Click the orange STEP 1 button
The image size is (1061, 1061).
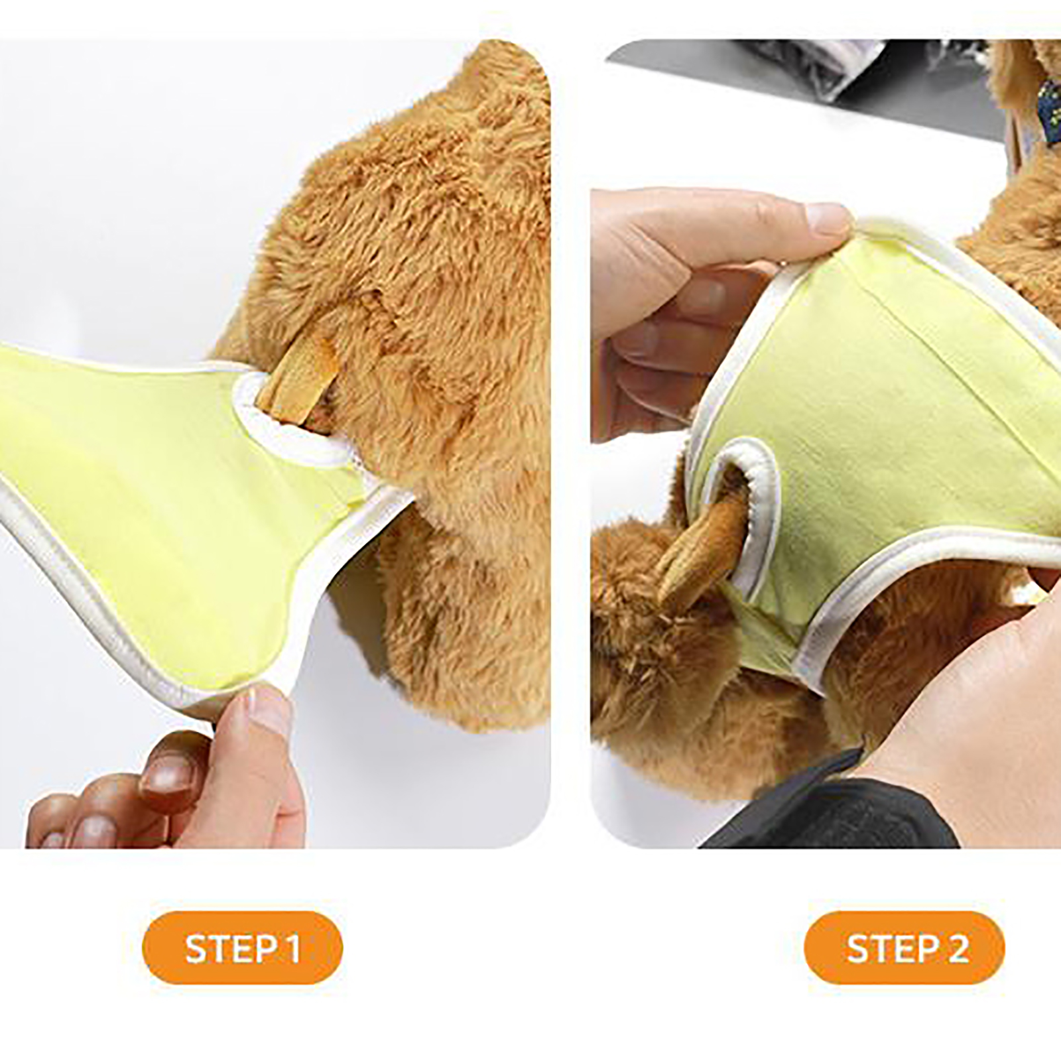pos(242,948)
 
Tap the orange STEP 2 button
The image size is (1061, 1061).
pos(905,948)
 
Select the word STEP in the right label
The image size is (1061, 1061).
pos(891,948)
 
